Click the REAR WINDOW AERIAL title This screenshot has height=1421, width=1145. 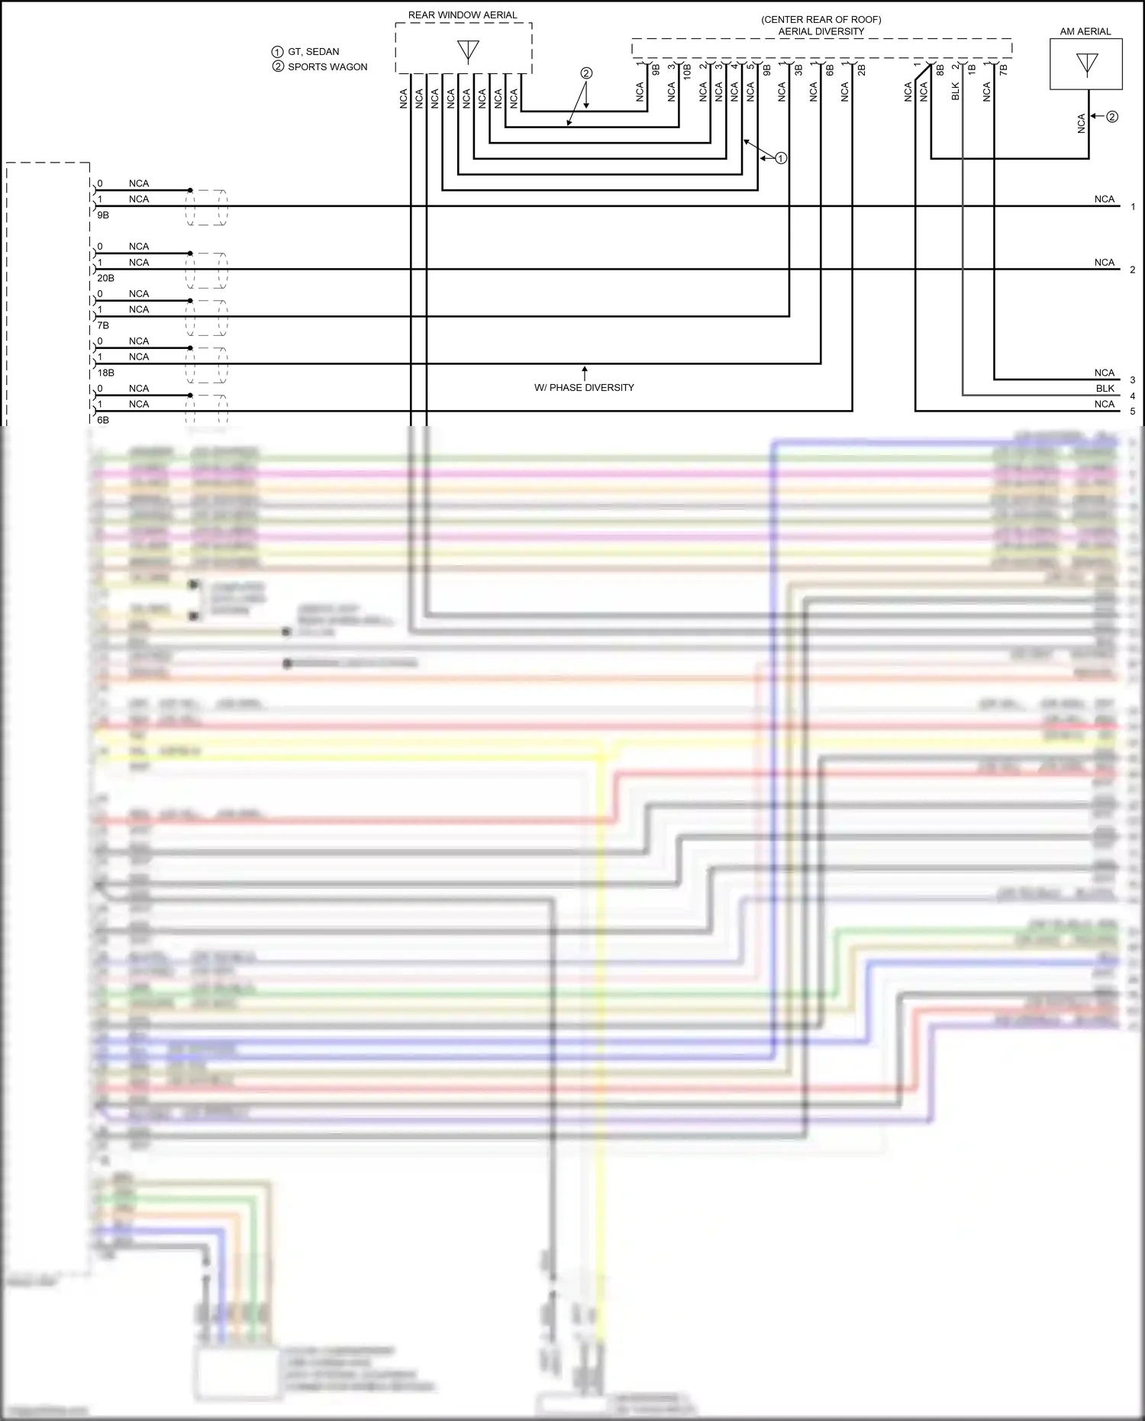462,15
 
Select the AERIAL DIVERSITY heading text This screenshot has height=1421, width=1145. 821,31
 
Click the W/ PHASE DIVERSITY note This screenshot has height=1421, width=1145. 584,387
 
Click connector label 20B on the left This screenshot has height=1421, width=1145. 105,278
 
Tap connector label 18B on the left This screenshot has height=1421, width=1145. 105,373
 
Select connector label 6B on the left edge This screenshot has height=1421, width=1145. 103,420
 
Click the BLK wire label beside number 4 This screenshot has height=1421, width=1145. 1105,389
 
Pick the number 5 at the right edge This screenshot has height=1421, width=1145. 1132,412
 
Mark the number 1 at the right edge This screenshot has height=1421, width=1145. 1132,207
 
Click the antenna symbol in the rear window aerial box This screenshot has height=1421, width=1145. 468,51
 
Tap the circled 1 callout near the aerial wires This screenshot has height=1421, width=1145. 780,159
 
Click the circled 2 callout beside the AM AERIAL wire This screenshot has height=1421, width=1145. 1111,117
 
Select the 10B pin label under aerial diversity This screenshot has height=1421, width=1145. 687,72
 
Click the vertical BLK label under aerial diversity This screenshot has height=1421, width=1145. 955,92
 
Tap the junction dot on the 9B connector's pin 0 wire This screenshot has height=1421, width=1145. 190,190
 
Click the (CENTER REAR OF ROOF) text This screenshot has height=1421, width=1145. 821,19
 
